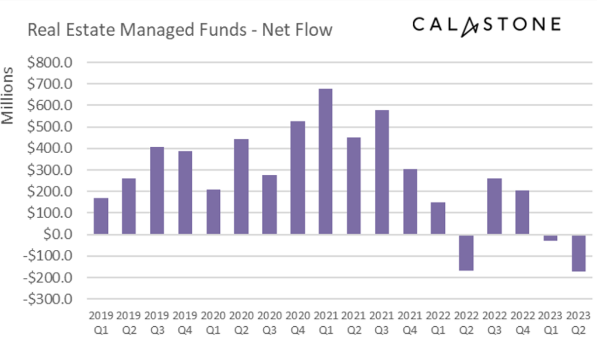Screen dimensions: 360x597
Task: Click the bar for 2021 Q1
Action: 325,161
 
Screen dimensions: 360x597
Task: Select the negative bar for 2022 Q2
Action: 466,252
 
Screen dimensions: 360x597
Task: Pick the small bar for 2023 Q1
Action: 550,238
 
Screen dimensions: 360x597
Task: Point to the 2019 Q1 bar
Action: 101,216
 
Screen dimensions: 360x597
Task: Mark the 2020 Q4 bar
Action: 297,178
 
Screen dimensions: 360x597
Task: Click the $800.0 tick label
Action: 50,62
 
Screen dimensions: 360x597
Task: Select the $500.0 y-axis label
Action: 50,127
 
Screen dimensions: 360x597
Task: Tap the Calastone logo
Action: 486,25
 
